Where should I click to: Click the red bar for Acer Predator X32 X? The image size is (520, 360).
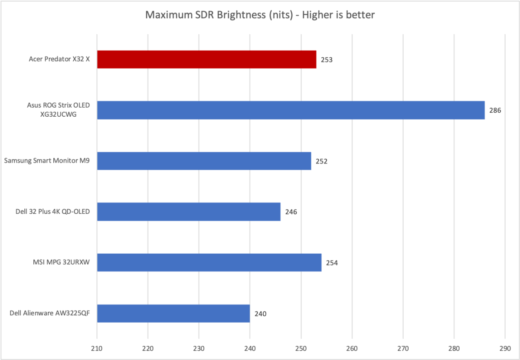pyautogui.click(x=206, y=59)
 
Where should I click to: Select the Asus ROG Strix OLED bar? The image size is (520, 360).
pyautogui.click(x=291, y=110)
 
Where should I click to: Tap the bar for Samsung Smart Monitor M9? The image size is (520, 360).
pyautogui.click(x=204, y=161)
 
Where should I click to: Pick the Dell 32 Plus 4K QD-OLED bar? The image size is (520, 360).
pyautogui.click(x=189, y=212)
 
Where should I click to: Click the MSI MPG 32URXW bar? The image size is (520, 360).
pyautogui.click(x=209, y=262)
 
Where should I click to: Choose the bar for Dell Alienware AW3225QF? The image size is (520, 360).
pyautogui.click(x=173, y=313)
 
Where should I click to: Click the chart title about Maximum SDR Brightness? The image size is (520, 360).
pyautogui.click(x=260, y=15)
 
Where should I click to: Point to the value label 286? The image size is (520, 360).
pyautogui.click(x=495, y=111)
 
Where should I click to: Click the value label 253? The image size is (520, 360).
pyautogui.click(x=327, y=60)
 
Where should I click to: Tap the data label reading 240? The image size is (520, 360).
pyautogui.click(x=261, y=314)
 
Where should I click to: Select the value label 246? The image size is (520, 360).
pyautogui.click(x=291, y=212)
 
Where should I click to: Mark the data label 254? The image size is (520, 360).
pyautogui.click(x=332, y=263)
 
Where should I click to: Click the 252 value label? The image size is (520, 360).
pyautogui.click(x=321, y=161)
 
